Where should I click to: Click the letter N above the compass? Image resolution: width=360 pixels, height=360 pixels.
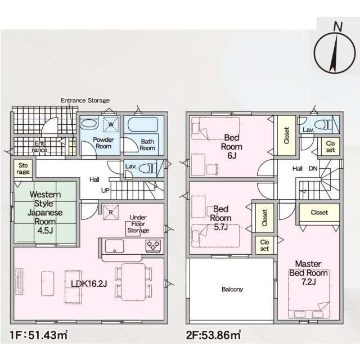337,26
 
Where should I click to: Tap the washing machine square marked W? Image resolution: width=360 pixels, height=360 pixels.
111,124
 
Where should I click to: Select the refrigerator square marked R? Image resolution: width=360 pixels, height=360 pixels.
111,213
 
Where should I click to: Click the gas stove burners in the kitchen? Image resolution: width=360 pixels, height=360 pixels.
153,246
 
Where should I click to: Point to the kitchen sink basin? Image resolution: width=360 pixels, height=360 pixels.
114,246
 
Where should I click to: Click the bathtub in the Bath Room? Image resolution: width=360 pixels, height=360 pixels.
142,125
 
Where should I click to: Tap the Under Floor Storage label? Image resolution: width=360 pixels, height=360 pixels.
138,224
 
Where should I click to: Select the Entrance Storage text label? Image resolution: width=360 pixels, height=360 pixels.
85,100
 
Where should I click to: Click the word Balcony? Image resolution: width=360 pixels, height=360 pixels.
232,289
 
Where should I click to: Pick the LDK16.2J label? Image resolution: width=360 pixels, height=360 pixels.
89,283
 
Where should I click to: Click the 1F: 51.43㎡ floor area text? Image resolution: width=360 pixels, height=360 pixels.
39,335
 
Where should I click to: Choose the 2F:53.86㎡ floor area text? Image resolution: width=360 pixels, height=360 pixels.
213,335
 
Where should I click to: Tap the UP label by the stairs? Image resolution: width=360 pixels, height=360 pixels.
105,190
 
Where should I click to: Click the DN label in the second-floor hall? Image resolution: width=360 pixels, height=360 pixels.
313,169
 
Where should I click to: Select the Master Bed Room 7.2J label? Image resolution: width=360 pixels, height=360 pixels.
308,273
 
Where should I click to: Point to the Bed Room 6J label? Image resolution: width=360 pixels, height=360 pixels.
232,146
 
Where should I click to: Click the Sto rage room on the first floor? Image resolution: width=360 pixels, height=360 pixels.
23,169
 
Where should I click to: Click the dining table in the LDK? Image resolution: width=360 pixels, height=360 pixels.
133,282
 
